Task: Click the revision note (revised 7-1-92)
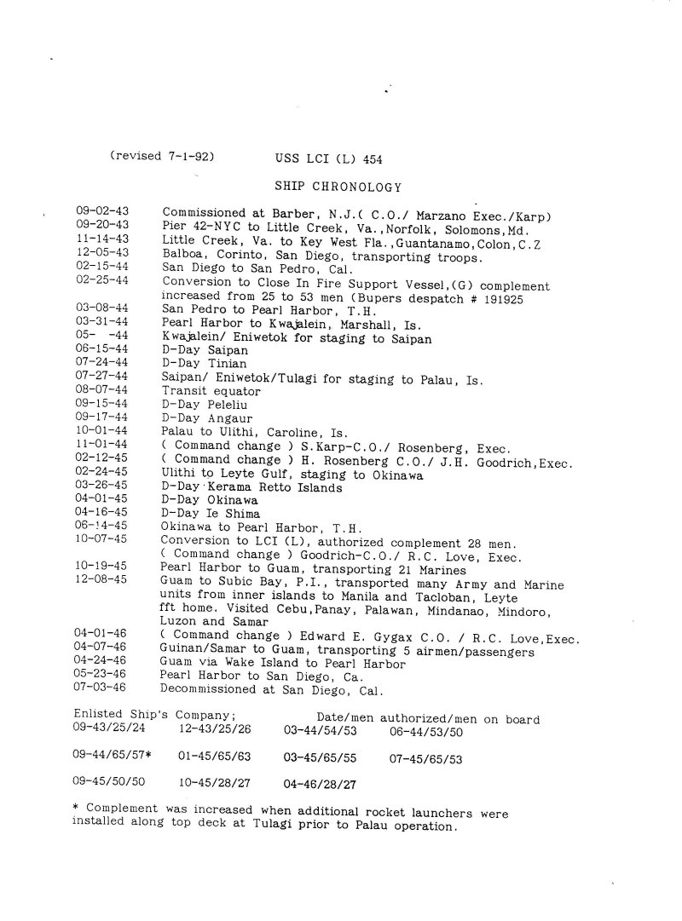coord(161,157)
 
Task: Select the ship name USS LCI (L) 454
coord(328,158)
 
